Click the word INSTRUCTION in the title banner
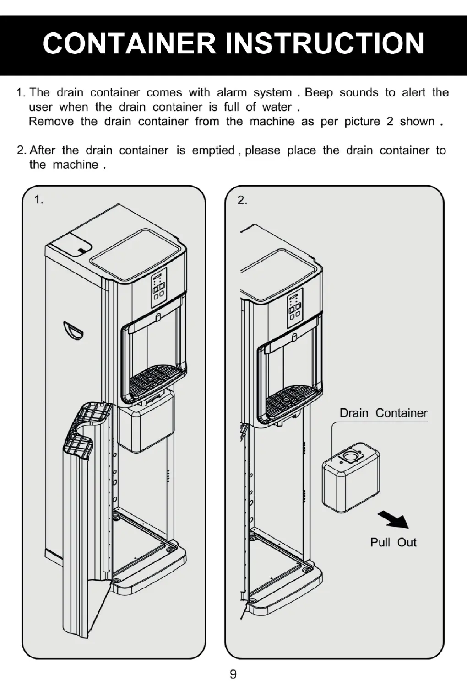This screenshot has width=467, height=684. [326, 43]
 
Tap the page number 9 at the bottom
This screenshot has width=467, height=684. [233, 674]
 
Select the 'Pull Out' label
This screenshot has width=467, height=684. [393, 543]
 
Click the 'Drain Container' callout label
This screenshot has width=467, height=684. [383, 413]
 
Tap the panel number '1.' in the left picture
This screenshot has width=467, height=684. [39, 200]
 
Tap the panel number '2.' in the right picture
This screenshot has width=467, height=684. [242, 200]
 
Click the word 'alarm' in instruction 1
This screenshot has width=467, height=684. [231, 92]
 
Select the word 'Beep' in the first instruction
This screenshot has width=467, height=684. [319, 92]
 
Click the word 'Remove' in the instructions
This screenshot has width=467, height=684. [51, 122]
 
